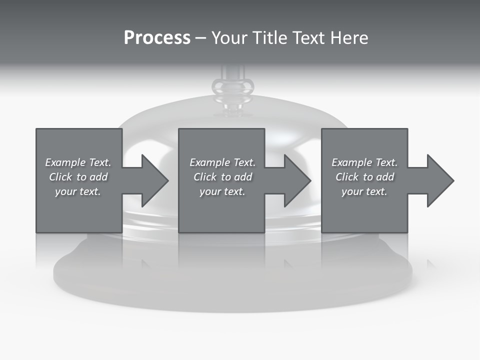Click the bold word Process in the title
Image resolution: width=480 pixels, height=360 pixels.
(157, 38)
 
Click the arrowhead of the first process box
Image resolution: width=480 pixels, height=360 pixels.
(154, 180)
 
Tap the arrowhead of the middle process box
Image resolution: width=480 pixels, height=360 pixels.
(297, 180)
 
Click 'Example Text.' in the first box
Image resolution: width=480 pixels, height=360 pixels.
(78, 162)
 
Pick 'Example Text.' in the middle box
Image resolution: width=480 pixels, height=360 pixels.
(222, 162)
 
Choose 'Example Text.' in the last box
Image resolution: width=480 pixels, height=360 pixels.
(364, 162)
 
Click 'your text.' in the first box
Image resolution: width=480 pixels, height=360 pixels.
(78, 191)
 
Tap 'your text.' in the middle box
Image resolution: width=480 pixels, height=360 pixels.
(222, 191)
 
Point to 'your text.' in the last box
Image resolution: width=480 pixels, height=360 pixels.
(364, 191)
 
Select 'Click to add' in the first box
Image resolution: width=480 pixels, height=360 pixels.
(78, 177)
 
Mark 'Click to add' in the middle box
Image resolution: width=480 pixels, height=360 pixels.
(222, 177)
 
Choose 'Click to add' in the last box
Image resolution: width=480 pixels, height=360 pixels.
(364, 177)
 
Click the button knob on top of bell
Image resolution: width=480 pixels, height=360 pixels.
(233, 87)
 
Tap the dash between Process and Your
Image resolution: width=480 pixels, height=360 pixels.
(201, 38)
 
